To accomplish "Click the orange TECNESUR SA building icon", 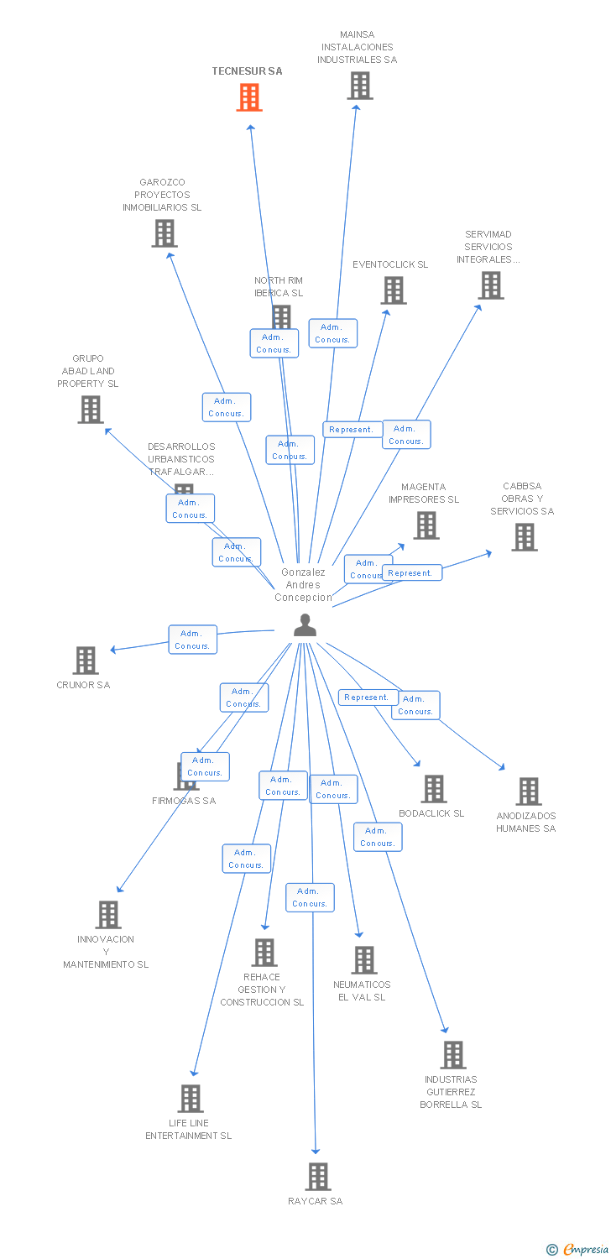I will (249, 97).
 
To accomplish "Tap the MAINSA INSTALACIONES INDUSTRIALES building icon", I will (360, 86).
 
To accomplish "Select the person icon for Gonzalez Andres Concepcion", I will (305, 625).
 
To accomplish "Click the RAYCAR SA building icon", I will (318, 1177).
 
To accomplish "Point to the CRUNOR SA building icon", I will (86, 661).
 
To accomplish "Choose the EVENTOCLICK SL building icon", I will (394, 290).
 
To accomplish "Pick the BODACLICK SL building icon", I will (434, 789).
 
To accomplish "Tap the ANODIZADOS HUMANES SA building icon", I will (529, 791).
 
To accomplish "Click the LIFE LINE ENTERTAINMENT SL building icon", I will (191, 1099).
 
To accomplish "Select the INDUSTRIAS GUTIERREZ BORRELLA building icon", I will (453, 1055).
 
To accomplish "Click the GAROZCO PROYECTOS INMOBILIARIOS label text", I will (162, 195).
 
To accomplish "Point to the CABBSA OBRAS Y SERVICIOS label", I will (522, 499).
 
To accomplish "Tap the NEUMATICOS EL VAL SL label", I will (362, 990).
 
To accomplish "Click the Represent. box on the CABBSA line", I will (411, 573).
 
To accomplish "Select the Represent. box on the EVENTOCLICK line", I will (352, 430).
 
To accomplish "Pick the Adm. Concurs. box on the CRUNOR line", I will (192, 640).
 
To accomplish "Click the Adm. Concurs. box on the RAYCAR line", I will (310, 897).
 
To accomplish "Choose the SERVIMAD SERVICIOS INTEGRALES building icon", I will (491, 285).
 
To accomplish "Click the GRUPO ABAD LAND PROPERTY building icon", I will (91, 410).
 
